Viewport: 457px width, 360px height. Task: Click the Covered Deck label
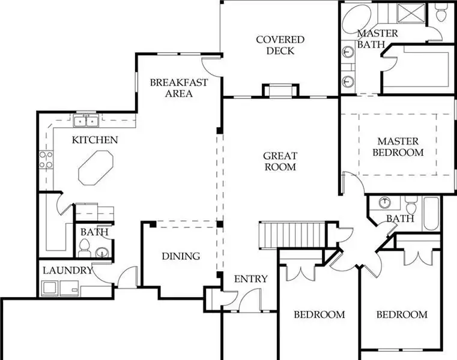point(280,45)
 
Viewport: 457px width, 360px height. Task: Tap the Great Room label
point(280,161)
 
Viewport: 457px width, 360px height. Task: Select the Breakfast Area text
point(179,88)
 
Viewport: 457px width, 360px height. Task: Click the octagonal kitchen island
point(95,167)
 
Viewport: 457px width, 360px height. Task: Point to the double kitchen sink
point(86,121)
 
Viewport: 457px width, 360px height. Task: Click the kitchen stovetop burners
point(46,160)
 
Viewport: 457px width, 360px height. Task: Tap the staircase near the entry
point(292,235)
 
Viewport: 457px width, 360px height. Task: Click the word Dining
point(181,256)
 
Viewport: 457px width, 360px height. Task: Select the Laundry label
point(68,270)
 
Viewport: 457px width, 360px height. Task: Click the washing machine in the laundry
point(50,288)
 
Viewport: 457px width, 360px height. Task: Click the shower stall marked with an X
point(412,13)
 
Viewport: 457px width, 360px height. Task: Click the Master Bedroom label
point(398,147)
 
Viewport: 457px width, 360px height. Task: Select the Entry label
point(250,279)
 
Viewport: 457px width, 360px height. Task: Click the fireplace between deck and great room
point(280,90)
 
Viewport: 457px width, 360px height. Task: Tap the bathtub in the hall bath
point(431,214)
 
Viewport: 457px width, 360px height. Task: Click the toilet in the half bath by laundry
point(83,248)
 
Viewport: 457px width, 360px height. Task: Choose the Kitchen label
point(95,140)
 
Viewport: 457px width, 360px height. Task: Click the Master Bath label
point(378,39)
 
